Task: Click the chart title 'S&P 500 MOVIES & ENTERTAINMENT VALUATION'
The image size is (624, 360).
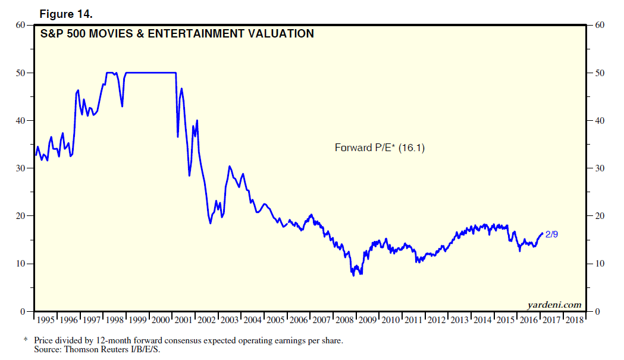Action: (177, 34)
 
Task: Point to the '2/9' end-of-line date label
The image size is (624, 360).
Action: (551, 234)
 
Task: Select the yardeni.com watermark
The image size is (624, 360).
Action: (554, 305)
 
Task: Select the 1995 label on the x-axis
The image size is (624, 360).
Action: (46, 320)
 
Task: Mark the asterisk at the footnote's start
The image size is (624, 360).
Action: (26, 340)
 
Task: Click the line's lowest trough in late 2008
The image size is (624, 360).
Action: (355, 276)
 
